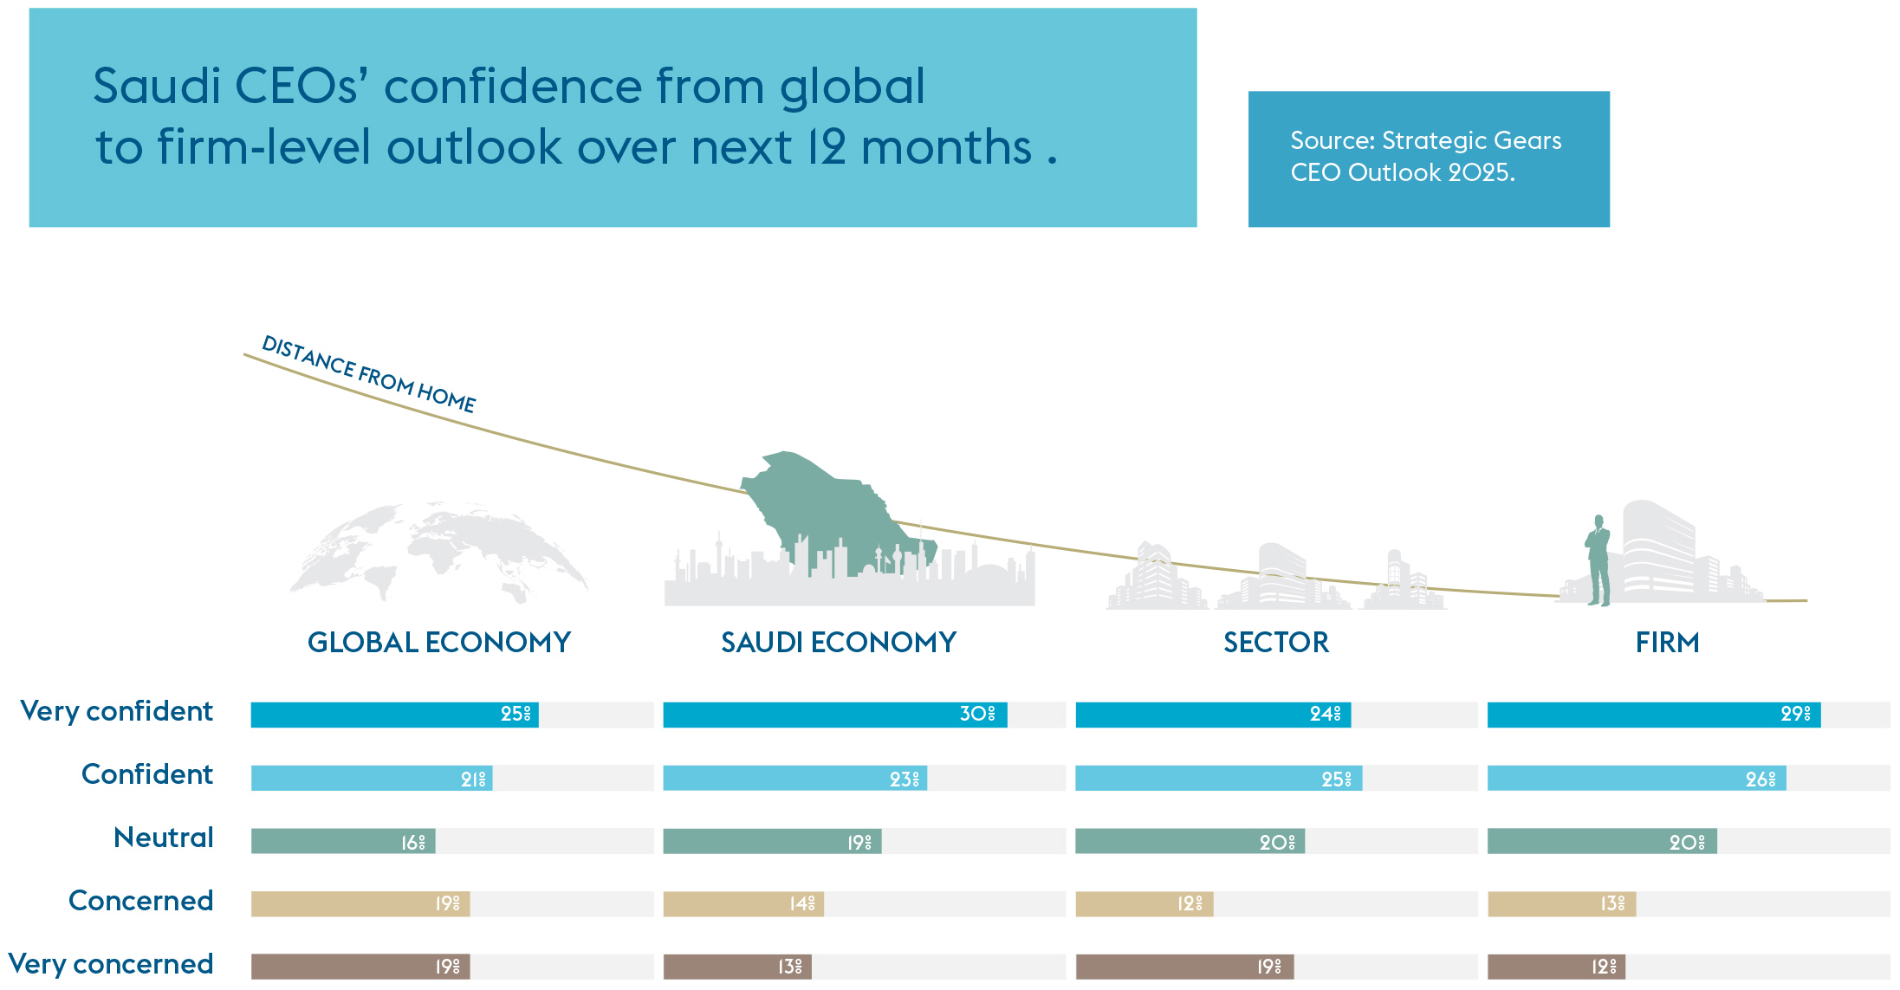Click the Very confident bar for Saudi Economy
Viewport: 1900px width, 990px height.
coord(834,715)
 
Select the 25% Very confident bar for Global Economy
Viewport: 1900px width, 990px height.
coord(394,715)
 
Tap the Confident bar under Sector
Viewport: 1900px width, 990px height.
coord(1218,778)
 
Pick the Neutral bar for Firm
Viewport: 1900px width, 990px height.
coord(1601,841)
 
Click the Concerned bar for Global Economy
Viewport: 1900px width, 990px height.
coord(360,904)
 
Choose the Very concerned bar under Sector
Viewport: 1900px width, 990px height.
coord(1184,967)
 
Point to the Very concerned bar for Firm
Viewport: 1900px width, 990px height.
coord(1556,967)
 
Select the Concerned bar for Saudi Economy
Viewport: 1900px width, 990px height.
coord(743,904)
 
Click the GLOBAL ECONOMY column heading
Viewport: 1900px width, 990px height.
coord(439,643)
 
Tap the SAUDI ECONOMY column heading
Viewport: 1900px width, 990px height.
coord(839,643)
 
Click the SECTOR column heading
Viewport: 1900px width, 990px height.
coord(1276,643)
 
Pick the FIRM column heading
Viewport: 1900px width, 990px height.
coord(1667,643)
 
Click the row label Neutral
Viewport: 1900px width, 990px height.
coord(164,838)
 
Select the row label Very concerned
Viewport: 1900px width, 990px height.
coord(111,964)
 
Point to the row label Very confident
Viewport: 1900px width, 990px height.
coord(117,711)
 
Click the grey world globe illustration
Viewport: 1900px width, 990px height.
coord(438,550)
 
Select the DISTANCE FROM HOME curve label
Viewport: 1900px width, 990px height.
coord(369,373)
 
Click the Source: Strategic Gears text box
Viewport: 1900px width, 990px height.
coord(1428,159)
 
